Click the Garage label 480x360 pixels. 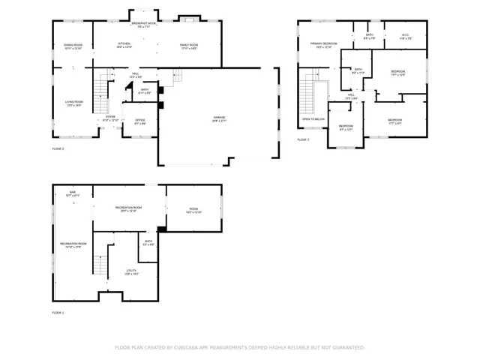point(219,118)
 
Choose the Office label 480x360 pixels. point(139,121)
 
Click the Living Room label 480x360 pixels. point(73,103)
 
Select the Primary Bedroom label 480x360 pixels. point(324,45)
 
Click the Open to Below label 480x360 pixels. point(313,119)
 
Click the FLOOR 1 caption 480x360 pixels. point(58,312)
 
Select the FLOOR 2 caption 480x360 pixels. point(58,149)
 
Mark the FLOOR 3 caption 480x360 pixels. point(303,140)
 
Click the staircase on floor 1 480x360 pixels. point(100,265)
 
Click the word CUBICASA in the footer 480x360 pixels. point(184,348)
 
